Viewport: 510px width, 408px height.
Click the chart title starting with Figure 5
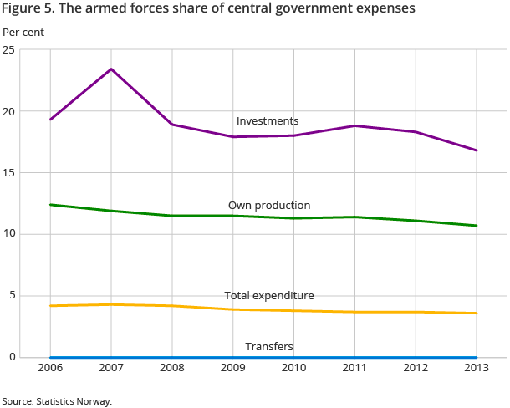[x=209, y=9]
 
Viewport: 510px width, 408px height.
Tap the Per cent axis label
[x=24, y=33]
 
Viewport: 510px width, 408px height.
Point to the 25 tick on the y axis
[x=9, y=50]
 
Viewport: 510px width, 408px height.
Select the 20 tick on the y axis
[x=9, y=111]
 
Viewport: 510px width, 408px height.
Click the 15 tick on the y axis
[x=9, y=173]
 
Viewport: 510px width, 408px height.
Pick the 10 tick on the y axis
[x=9, y=234]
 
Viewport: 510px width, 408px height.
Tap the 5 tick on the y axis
[x=12, y=296]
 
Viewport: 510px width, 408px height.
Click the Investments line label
[x=268, y=121]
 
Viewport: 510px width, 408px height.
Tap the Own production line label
[x=269, y=206]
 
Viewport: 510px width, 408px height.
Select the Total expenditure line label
[x=269, y=296]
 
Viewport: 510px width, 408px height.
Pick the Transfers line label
[x=269, y=346]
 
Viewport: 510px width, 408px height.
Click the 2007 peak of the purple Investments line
[x=111, y=69]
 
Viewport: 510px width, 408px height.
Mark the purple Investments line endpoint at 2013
[x=477, y=150]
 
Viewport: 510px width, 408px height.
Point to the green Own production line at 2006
[x=50, y=205]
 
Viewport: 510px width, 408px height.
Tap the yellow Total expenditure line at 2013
[x=477, y=314]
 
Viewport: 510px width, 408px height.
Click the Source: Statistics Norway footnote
[x=57, y=401]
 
